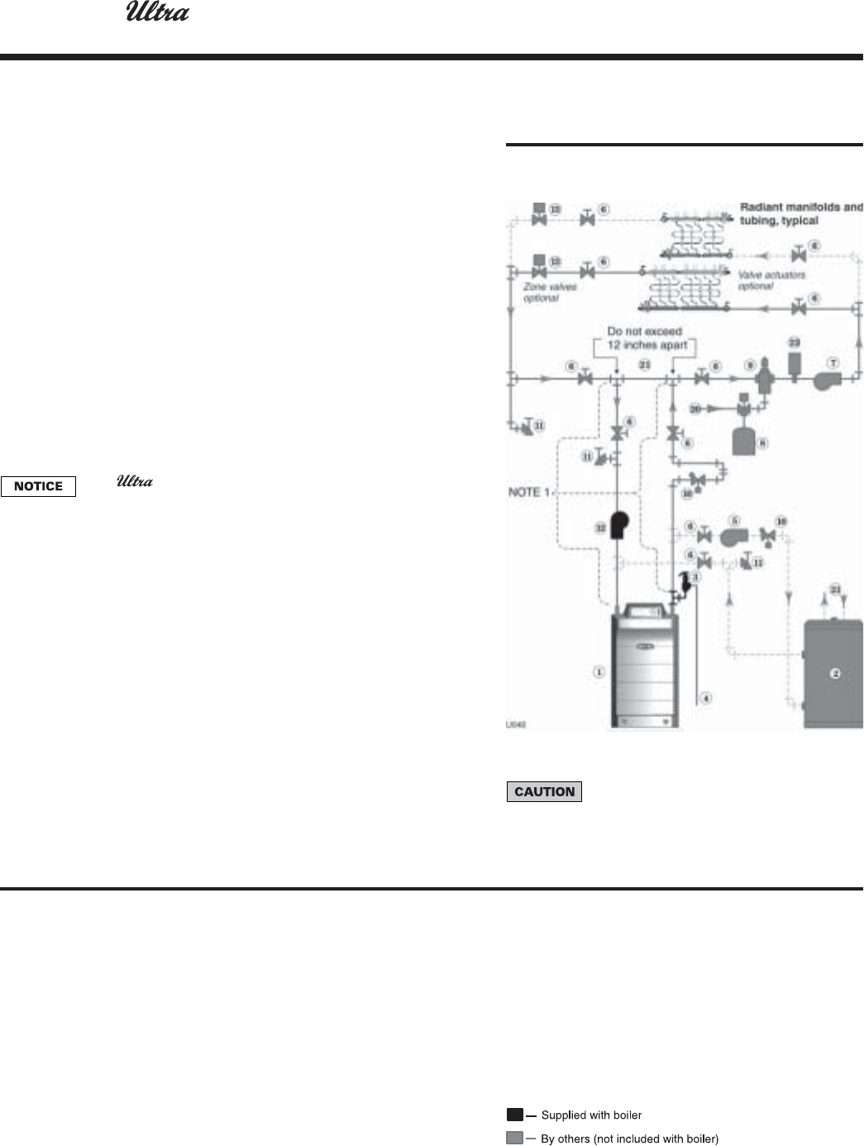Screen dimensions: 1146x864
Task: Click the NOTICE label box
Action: pos(38,486)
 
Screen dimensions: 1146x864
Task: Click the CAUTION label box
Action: pos(544,791)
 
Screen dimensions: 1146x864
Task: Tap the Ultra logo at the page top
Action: pos(157,14)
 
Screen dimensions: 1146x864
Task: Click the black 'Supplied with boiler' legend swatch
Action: pos(515,1115)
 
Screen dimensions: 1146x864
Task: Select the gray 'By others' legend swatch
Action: pos(515,1139)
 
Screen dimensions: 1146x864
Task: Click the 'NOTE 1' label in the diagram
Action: pos(528,492)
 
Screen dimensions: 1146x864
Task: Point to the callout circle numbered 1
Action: pos(599,671)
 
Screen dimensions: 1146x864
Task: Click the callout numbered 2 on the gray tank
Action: pos(835,673)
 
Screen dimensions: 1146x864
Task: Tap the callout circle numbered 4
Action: pos(705,698)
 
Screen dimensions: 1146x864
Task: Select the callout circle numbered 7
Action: pos(834,364)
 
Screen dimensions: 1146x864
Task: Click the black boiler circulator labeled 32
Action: pos(618,526)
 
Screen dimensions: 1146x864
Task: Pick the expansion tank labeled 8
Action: pos(744,441)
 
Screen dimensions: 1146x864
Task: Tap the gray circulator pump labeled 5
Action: pos(733,537)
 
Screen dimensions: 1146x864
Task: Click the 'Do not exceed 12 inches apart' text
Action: pos(645,338)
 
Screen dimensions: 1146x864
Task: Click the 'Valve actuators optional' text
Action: pos(771,279)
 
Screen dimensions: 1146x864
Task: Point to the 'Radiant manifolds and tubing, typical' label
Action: pos(800,213)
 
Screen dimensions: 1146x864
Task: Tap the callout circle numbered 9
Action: pos(750,364)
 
